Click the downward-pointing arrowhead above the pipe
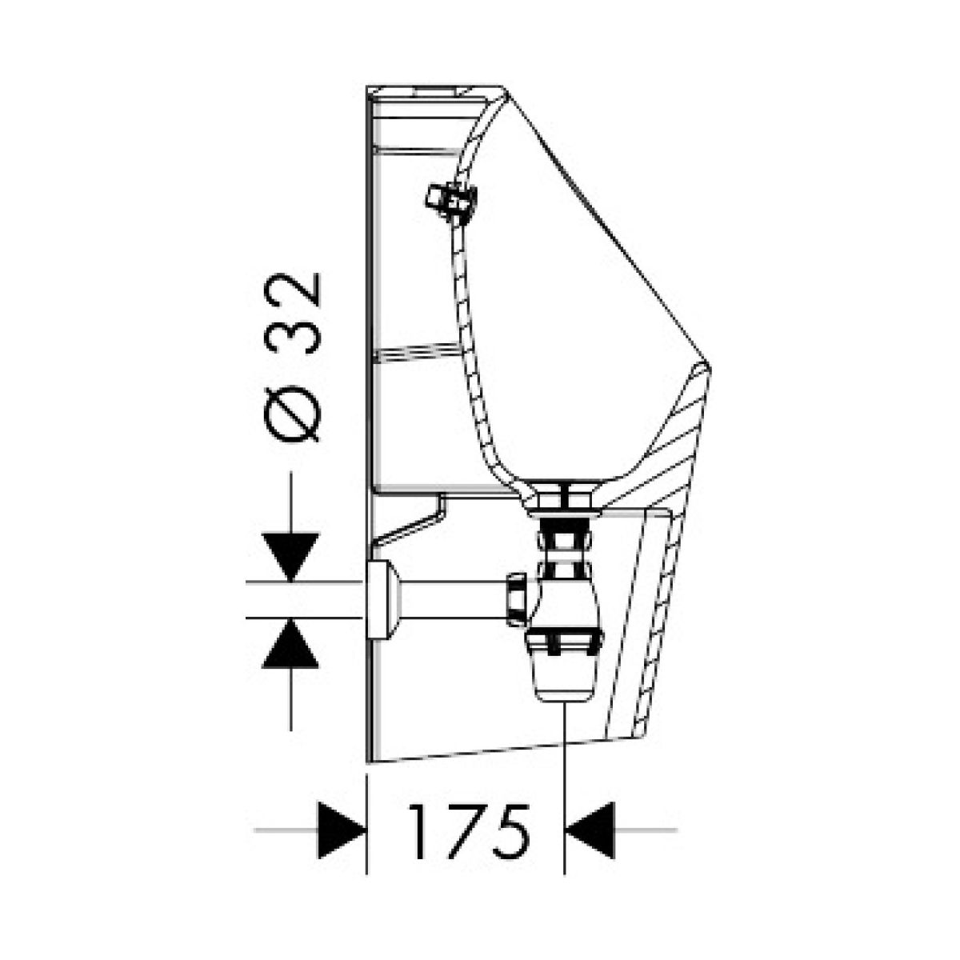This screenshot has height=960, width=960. pyautogui.click(x=291, y=556)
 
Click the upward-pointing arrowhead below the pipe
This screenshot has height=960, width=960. pyautogui.click(x=291, y=642)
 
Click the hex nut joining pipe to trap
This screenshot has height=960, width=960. pyautogui.click(x=518, y=599)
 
